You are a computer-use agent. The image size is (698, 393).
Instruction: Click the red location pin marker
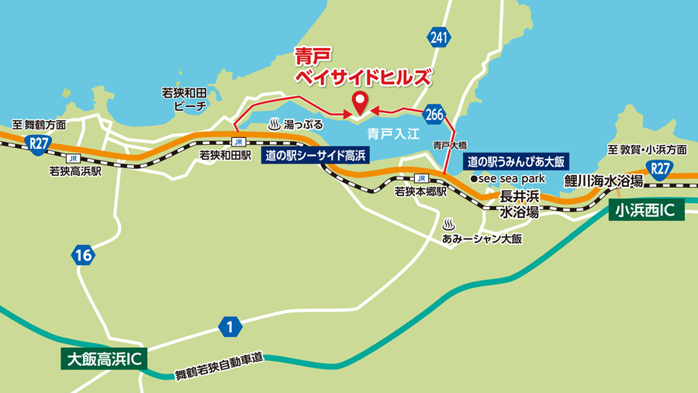pos(360,102)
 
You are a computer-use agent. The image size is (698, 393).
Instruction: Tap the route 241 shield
pos(438,36)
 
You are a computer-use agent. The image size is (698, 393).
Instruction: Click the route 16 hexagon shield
pos(83,254)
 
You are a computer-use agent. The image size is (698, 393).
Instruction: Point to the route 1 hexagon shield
pos(230,327)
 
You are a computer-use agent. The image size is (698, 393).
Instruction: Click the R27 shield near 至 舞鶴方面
pos(35,141)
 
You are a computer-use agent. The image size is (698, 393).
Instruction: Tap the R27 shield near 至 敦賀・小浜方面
pos(660,169)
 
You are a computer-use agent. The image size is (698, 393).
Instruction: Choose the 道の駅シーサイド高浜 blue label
pos(316,156)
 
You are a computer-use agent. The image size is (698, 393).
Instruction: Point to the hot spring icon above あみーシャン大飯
pos(448,224)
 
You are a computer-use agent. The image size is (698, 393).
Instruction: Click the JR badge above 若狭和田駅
pos(238,142)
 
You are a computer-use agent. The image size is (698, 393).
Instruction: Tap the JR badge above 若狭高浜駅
pos(72,158)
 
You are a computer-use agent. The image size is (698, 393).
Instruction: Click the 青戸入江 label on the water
pos(396,133)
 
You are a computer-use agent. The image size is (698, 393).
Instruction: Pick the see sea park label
pos(508,178)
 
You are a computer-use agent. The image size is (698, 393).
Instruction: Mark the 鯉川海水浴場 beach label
pos(603,181)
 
